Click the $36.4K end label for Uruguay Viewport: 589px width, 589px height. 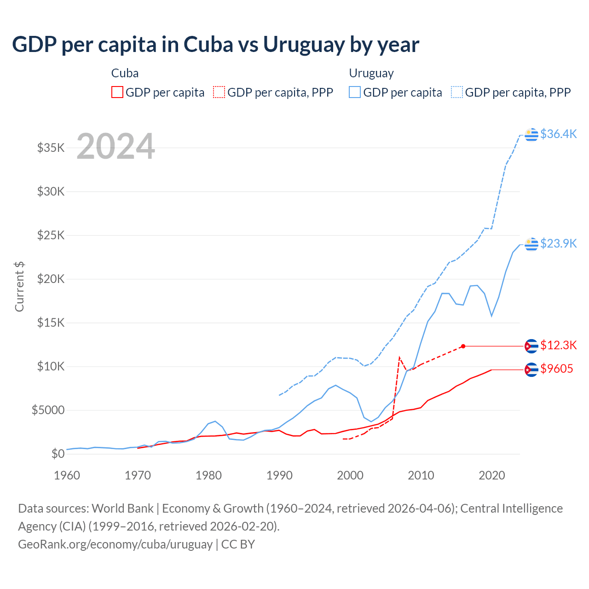pos(558,134)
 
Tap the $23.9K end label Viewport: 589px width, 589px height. pos(558,243)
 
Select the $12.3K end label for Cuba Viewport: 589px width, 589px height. pos(558,345)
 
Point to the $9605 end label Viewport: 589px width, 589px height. pos(556,369)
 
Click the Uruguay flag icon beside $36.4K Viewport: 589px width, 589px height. pos(531,134)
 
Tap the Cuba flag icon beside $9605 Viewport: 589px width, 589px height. pos(531,370)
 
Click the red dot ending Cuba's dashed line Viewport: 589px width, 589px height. pos(463,346)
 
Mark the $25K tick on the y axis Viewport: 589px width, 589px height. pos(51,235)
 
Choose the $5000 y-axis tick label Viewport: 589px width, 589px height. pos(48,410)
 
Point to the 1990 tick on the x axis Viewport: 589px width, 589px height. pos(279,475)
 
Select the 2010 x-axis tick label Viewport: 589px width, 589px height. pos(421,475)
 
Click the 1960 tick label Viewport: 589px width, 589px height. pos(67,475)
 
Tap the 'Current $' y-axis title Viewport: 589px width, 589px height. pos(19,286)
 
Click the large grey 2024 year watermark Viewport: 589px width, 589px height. pos(115,146)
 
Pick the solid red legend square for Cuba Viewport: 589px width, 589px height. pos(117,92)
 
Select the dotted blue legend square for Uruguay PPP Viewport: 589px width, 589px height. pos(457,92)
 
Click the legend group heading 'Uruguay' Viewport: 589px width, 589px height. pos(371,73)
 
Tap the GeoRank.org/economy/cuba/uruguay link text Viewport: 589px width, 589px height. pos(115,544)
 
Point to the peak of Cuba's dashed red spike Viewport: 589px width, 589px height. pos(399,357)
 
